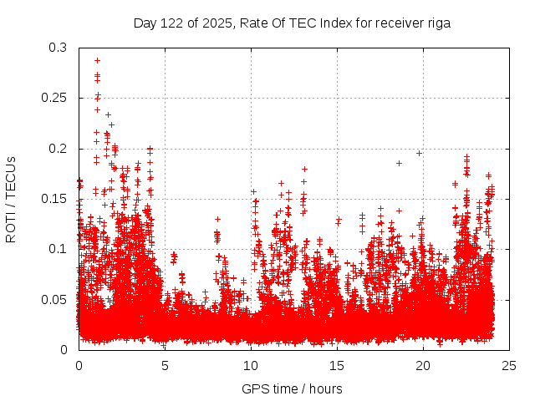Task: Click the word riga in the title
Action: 437,23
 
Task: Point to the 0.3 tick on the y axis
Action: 58,48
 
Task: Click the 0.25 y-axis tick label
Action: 54,99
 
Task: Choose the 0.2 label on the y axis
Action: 58,149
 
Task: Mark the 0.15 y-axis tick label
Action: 54,199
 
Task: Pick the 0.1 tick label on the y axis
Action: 58,249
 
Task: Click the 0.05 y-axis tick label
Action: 54,299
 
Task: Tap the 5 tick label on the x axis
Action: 165,365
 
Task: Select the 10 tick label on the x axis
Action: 251,365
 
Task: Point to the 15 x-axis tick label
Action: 337,365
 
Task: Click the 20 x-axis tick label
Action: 423,365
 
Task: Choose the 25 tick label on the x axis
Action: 509,365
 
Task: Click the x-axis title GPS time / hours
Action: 292,388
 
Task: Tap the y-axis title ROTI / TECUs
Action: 12,199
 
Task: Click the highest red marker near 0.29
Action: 97,60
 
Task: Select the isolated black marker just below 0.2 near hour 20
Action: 419,153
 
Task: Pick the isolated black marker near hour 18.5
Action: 399,163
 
